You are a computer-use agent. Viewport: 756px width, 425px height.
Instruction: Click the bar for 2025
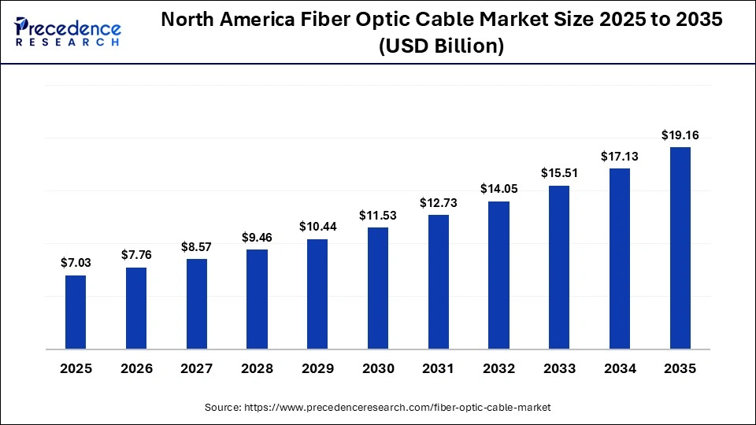pos(76,312)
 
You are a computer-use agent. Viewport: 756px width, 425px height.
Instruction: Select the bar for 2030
pos(378,288)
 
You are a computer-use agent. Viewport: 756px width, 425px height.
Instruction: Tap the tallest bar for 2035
pos(680,248)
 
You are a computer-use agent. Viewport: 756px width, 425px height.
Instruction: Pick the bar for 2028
pos(257,299)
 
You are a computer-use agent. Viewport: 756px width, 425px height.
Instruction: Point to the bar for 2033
pos(559,268)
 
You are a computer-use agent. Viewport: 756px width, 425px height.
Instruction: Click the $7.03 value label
pos(76,263)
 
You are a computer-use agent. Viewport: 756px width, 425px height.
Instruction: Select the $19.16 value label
pos(680,135)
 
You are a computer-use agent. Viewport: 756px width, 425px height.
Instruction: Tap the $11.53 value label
pos(378,215)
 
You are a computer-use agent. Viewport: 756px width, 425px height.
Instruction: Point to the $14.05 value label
pos(498,189)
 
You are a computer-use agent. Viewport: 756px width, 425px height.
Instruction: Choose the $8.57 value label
pos(196,246)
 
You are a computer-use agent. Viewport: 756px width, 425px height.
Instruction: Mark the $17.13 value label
pos(620,156)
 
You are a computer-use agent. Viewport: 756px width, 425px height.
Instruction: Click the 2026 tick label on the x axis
pos(136,368)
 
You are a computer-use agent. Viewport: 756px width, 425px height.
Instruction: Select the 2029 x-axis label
pos(317,368)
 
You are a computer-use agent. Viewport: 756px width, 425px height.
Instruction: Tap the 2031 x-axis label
pos(439,368)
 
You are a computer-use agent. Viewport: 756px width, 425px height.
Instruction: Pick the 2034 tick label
pos(620,368)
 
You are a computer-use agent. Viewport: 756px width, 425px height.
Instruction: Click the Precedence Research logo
pos(68,32)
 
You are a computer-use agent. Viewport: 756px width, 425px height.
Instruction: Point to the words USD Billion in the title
pos(441,46)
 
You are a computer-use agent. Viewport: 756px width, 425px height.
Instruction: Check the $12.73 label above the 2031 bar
pos(439,202)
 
